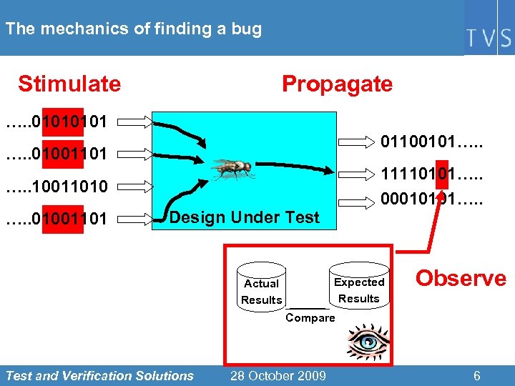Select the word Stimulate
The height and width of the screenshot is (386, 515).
pos(69,84)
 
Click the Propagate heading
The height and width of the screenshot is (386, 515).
pos(337,84)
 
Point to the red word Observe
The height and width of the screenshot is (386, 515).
pos(461,278)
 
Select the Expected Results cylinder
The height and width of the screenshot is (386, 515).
pos(359,287)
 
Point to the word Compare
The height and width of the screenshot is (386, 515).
pos(310,317)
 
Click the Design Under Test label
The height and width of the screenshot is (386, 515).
pos(245,217)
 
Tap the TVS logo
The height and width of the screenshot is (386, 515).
pos(490,38)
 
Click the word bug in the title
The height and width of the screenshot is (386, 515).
pos(247,29)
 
